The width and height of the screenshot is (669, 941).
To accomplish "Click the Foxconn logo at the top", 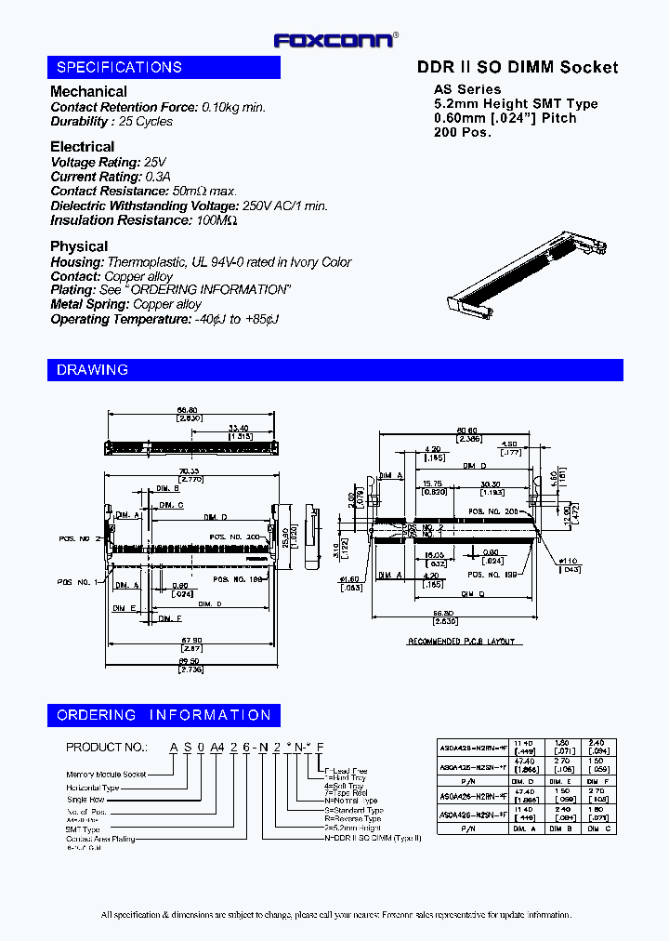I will coord(335,39).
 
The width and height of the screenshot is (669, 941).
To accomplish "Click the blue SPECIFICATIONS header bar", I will coord(164,67).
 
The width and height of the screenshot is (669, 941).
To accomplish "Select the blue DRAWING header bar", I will coord(334,369).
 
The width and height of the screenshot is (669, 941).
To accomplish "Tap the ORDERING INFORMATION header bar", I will coord(164,715).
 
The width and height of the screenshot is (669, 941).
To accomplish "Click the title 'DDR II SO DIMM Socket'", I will coord(517,67).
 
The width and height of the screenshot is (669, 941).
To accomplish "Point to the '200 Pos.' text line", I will coord(463,132).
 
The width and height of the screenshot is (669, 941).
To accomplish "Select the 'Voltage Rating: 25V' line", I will coord(109,162).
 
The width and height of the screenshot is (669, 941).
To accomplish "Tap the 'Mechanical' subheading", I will coord(88,91).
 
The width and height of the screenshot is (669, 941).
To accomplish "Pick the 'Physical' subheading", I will coord(79,245).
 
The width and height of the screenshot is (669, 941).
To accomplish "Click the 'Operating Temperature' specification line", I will coord(164,319).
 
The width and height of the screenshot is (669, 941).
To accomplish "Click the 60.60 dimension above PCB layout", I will coord(467,431).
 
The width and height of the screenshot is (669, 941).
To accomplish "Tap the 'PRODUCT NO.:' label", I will coord(107,747).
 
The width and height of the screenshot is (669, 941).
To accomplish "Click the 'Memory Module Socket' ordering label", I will coord(106,774).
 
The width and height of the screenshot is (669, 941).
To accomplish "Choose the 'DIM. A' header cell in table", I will coord(526,828).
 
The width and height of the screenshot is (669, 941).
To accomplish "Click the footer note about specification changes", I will coord(335,915).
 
